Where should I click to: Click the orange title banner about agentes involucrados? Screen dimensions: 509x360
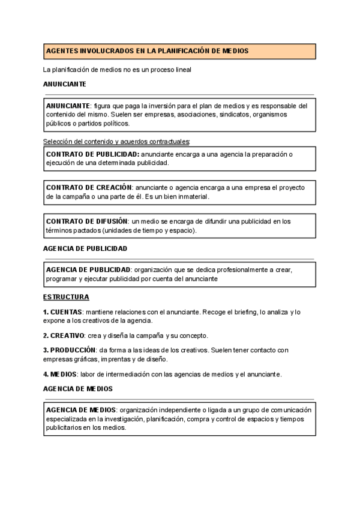(x=179, y=51)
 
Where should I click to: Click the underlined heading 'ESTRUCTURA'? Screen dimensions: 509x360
(x=66, y=297)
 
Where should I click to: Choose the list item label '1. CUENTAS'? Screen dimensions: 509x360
(x=63, y=312)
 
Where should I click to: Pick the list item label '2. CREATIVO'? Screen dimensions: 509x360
(x=63, y=335)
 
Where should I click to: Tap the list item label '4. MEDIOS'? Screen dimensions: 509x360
(x=60, y=374)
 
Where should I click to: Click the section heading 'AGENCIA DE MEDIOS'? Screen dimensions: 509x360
(x=77, y=389)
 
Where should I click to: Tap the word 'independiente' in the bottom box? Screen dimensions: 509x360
(x=174, y=409)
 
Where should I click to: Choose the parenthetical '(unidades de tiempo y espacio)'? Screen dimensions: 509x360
(x=153, y=230)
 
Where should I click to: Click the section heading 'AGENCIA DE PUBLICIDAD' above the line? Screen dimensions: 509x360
(x=85, y=248)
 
